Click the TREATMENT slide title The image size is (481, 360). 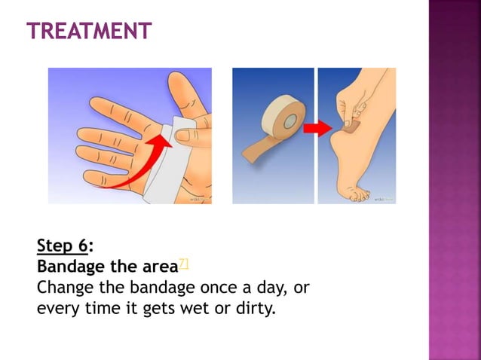click(x=89, y=31)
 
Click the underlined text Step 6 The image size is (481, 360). click(x=63, y=246)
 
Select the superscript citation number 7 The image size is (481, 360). click(x=183, y=262)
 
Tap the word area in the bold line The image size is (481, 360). click(x=159, y=267)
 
